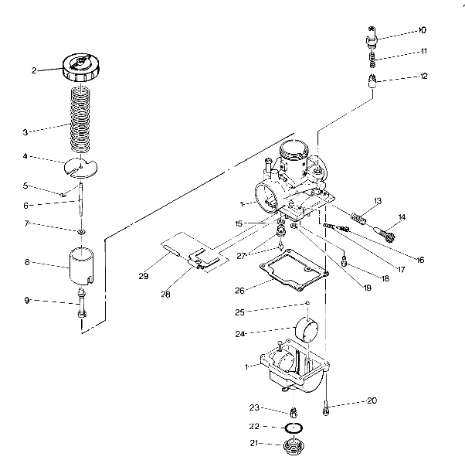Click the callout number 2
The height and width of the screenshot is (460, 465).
[x=34, y=70]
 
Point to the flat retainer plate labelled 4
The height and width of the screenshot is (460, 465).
[x=82, y=165]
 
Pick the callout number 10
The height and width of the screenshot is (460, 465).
[x=422, y=30]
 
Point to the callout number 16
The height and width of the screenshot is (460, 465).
[x=420, y=260]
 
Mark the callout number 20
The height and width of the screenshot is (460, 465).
[x=372, y=401]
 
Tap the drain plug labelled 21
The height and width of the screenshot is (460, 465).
[x=294, y=446]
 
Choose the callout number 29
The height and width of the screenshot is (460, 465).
[x=143, y=276]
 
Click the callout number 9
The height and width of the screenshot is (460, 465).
[x=25, y=301]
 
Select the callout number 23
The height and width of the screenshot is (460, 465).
[x=253, y=408]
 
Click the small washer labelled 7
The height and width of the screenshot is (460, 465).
[x=80, y=231]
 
